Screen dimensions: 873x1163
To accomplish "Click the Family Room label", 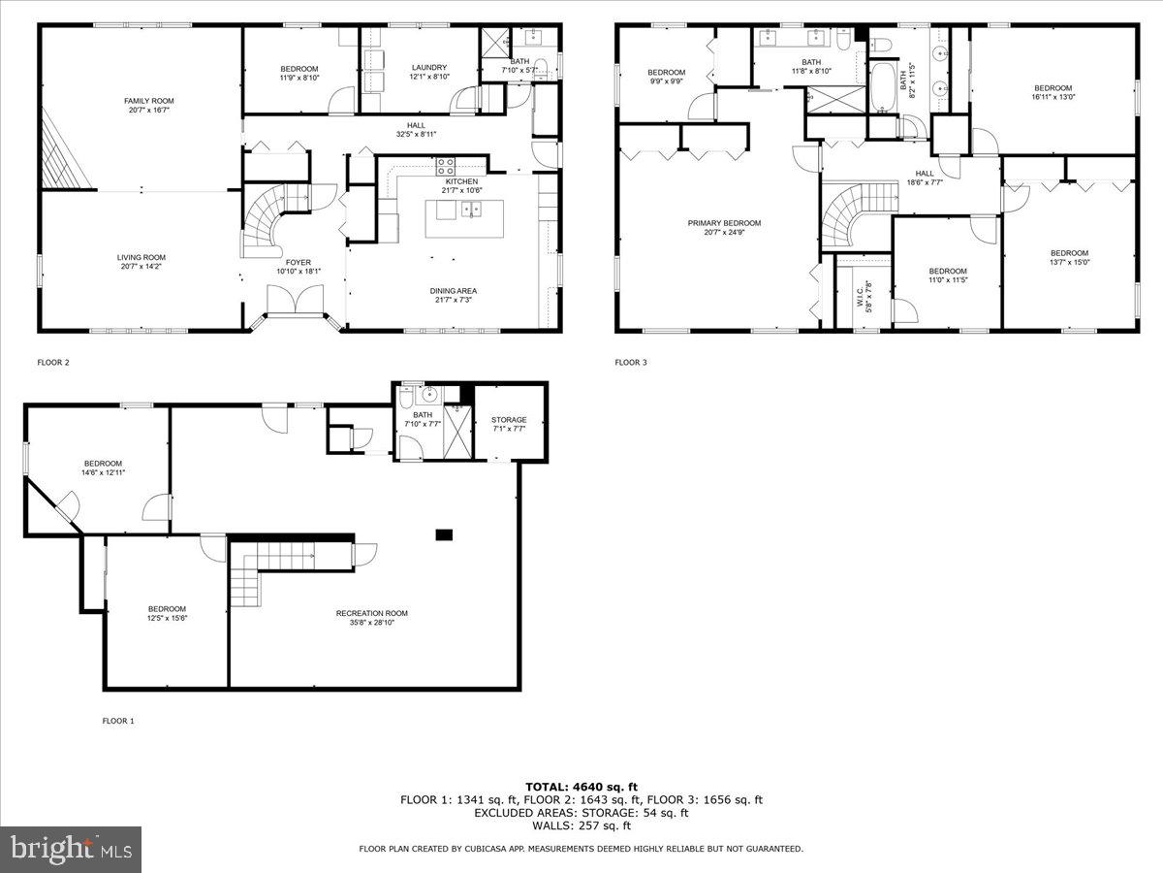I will [x=141, y=101].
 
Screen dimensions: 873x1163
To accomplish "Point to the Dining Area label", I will [x=454, y=291].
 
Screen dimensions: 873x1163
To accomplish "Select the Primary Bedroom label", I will [x=724, y=223].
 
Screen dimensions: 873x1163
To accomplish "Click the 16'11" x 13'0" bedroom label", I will [x=1053, y=88].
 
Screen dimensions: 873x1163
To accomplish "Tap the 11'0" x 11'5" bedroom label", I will [x=947, y=272].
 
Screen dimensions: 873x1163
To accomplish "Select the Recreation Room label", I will [x=372, y=613].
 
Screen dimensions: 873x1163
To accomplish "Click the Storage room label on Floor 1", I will [x=509, y=420].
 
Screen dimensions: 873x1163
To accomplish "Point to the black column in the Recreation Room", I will [x=445, y=533].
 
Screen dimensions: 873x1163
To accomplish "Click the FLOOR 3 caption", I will [x=630, y=363].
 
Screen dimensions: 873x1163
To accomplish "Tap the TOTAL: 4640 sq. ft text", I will [x=581, y=786].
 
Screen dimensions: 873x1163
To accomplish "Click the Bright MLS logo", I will [x=71, y=850].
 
